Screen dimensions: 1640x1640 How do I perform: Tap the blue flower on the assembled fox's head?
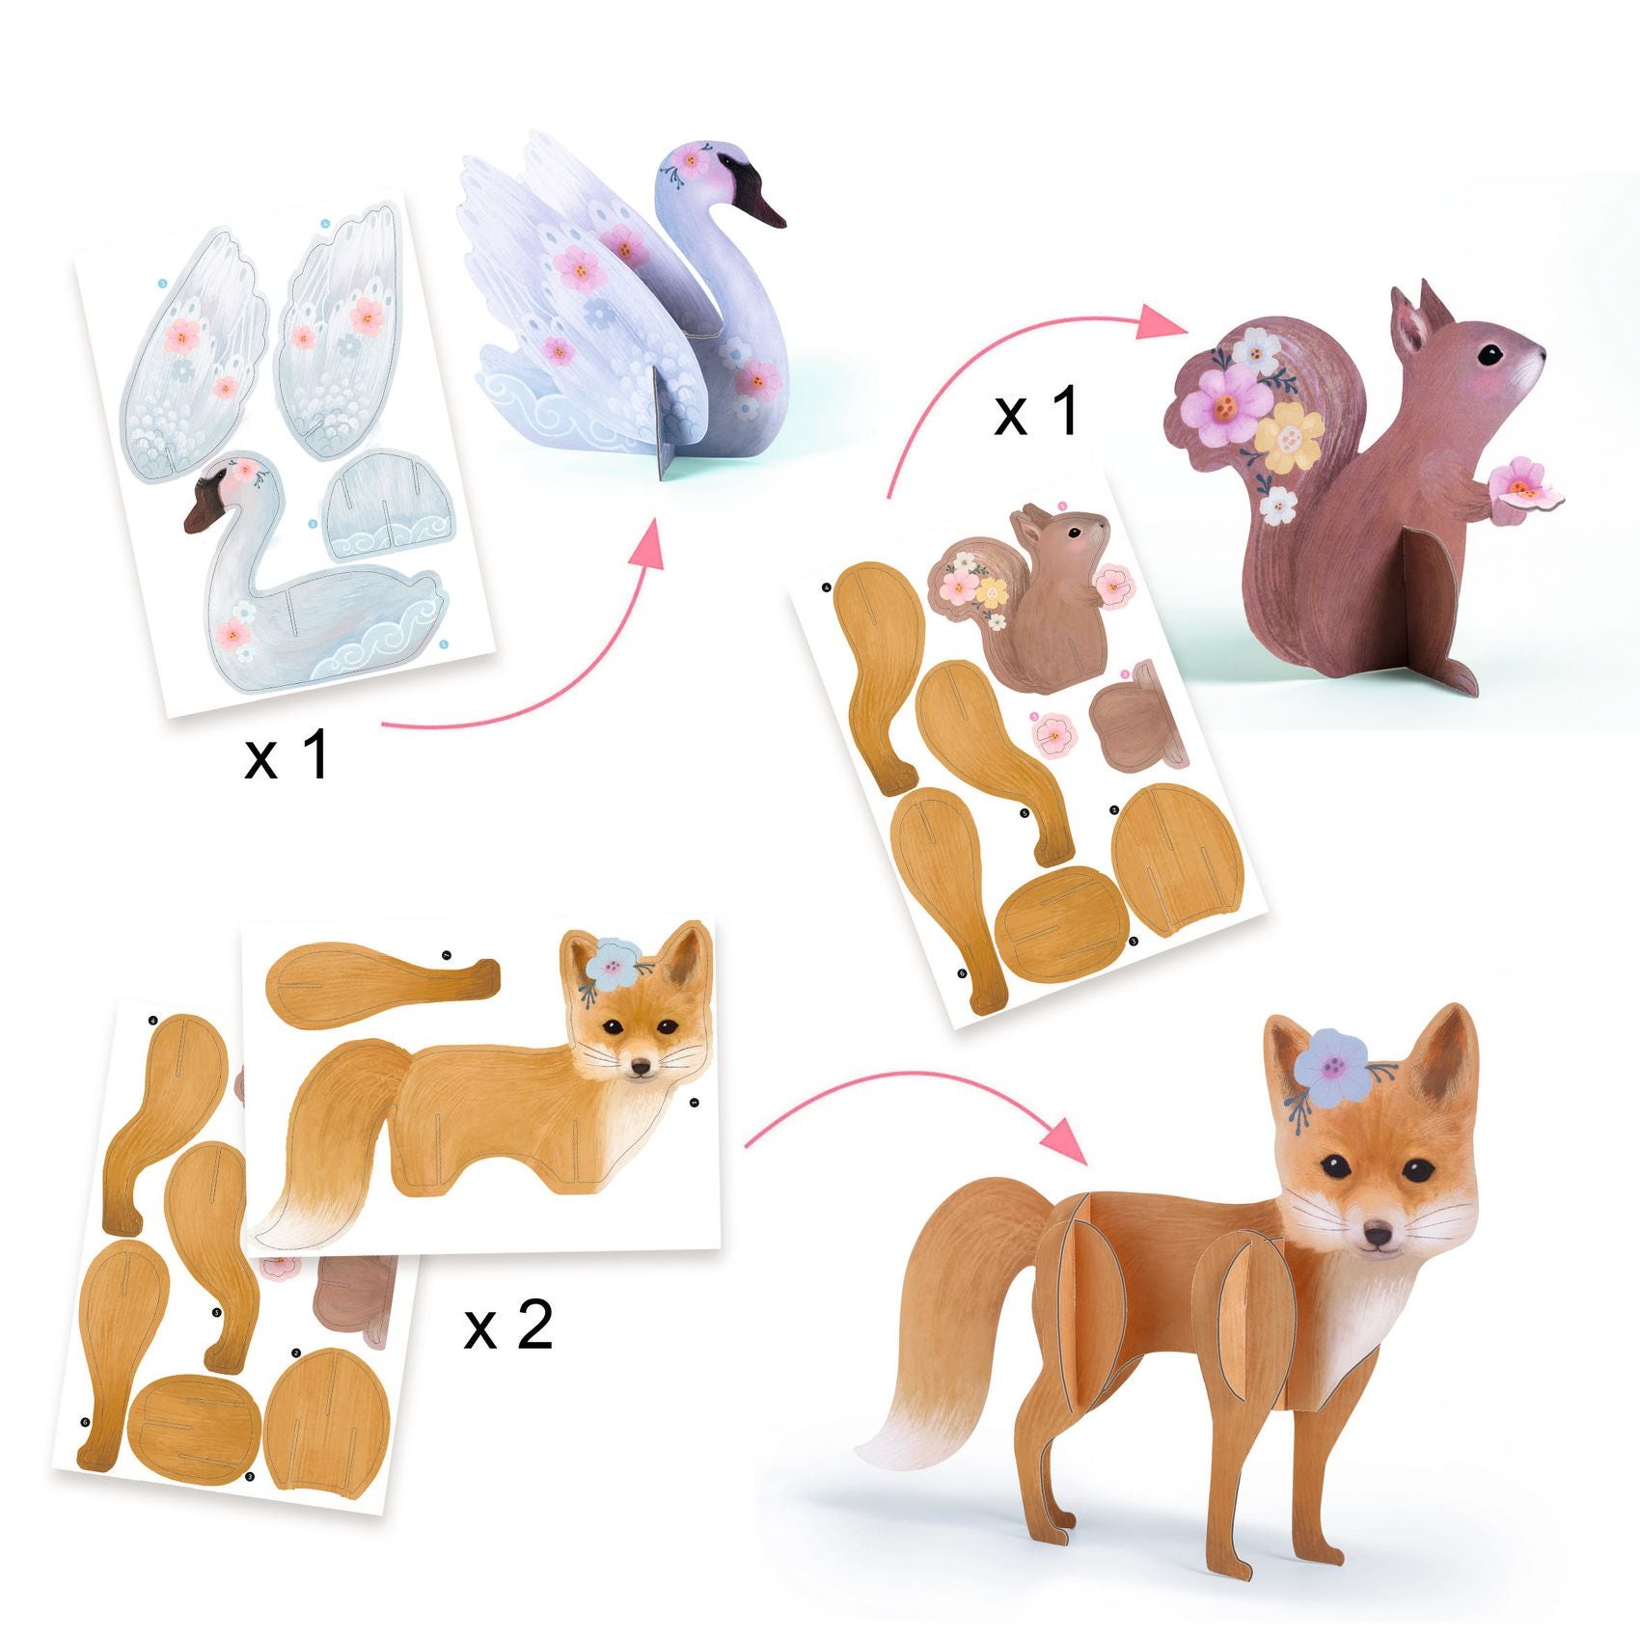[1331, 1063]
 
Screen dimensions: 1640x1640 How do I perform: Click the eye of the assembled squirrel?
[1492, 354]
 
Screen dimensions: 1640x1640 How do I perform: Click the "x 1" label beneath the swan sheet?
[287, 755]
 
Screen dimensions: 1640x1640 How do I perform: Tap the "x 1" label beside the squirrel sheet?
[1036, 412]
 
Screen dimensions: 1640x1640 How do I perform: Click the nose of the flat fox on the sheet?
[639, 1068]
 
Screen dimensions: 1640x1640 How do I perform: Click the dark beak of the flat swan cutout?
[203, 506]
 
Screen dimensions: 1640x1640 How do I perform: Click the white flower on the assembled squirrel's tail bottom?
[1279, 504]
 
